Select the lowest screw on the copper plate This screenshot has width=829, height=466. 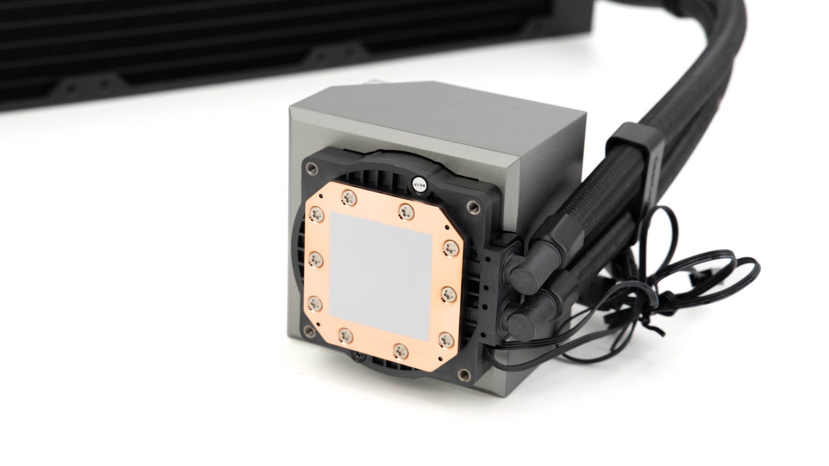click(400, 350)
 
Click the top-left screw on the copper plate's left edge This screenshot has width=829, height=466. click(317, 213)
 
